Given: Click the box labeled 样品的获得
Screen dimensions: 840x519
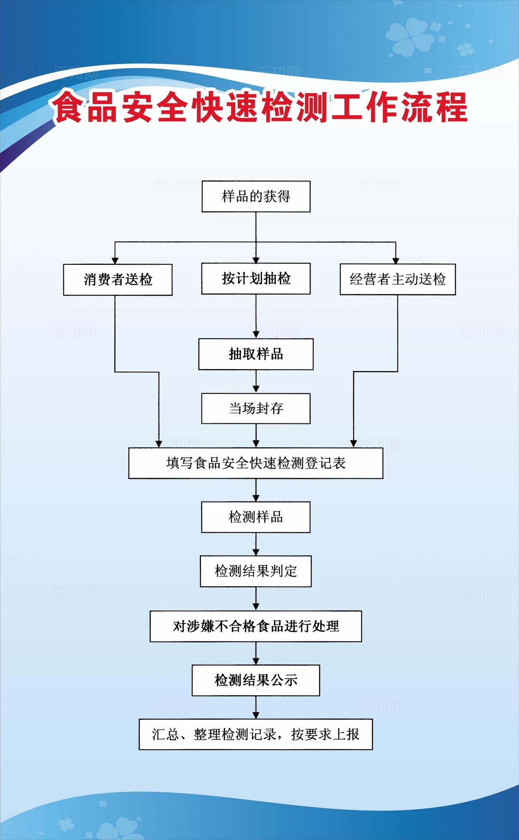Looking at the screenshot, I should pyautogui.click(x=256, y=197).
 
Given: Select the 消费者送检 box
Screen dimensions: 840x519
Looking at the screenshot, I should pyautogui.click(x=118, y=279).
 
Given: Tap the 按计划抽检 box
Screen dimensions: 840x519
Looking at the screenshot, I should pyautogui.click(x=256, y=279).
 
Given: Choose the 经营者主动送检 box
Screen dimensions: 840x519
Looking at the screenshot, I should pyautogui.click(x=397, y=279).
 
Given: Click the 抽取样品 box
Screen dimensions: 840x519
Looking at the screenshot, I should pyautogui.click(x=255, y=354).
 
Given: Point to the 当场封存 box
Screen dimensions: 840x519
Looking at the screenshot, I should pyautogui.click(x=256, y=408).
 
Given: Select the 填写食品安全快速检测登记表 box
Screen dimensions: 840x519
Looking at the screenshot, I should pyautogui.click(x=255, y=463).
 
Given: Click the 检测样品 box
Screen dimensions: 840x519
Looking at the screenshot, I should pyautogui.click(x=255, y=517).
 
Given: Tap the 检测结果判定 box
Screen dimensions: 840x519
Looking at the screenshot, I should pyautogui.click(x=255, y=571).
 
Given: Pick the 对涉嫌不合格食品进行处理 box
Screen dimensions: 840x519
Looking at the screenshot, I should pyautogui.click(x=255, y=626).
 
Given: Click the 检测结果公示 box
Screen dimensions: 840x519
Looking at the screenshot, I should pyautogui.click(x=255, y=680).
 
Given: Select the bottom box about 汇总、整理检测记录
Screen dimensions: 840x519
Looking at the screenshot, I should pyautogui.click(x=255, y=735).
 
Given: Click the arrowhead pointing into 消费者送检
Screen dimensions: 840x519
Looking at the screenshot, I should pyautogui.click(x=115, y=260).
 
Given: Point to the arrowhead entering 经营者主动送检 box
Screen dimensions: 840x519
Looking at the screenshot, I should pyautogui.click(x=396, y=260).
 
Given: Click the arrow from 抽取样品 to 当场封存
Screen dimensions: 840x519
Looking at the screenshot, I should pyautogui.click(x=256, y=382).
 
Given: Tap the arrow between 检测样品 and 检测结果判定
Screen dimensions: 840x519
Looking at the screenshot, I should pyautogui.click(x=256, y=545).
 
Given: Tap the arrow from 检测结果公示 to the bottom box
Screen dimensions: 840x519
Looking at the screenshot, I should pyautogui.click(x=256, y=708).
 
